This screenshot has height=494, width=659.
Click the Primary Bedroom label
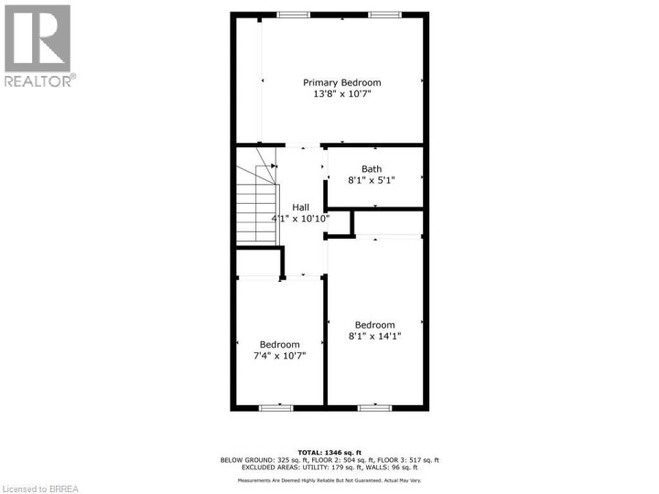[342, 82]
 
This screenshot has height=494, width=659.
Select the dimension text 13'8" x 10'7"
[342, 94]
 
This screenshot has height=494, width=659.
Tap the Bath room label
[372, 168]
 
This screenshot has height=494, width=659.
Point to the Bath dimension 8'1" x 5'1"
[372, 180]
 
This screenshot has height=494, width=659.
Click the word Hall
[301, 208]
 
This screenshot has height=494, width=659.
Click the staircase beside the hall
[256, 206]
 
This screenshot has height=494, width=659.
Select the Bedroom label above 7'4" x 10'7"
[279, 344]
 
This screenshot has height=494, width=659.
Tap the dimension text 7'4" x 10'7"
[279, 356]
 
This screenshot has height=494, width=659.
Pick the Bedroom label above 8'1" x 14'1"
[375, 325]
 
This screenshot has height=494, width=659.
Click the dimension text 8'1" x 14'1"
[375, 337]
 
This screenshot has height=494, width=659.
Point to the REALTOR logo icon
[38, 38]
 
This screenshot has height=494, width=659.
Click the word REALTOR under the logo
[38, 81]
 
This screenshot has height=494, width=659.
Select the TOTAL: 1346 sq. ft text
[329, 452]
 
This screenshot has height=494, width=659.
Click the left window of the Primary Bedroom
[294, 14]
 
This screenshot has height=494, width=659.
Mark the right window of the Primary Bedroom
[384, 14]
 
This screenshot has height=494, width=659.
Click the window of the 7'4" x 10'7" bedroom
[275, 407]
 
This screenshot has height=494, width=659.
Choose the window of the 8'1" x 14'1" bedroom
[373, 407]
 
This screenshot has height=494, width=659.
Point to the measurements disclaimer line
[329, 480]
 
